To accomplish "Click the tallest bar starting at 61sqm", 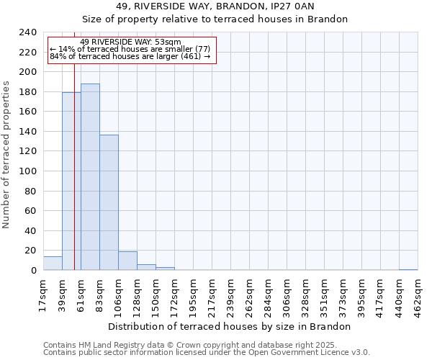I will point(90,177).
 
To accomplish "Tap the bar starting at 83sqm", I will point(109,202).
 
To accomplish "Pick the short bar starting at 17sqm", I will point(53,264).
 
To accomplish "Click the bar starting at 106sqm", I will point(127,261).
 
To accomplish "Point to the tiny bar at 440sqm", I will point(408,269).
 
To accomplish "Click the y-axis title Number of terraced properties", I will point(7,154).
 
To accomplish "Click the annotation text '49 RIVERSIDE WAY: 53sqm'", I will point(131,42).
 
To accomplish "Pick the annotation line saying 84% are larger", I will point(130,56).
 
